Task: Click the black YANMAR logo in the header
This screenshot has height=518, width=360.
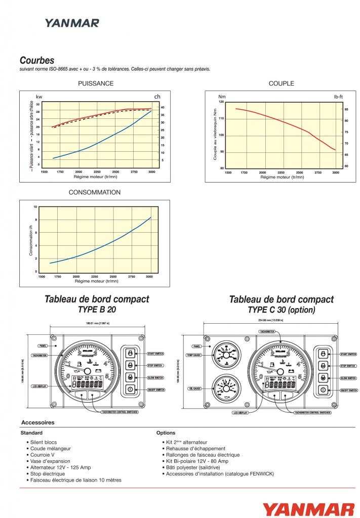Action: pos(71,23)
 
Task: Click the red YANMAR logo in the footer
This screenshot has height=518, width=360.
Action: pos(308,508)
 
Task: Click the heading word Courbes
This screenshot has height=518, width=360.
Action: pos(36,60)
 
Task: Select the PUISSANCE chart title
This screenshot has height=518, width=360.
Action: pos(95,83)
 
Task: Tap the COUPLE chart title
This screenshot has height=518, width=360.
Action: pos(281,83)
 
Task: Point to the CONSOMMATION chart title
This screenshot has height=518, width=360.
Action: pos(95,192)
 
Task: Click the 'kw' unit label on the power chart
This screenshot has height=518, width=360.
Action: pos(39,96)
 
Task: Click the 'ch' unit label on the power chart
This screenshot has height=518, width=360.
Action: pos(157,96)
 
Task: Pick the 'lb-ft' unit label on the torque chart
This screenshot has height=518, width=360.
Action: pos(338,96)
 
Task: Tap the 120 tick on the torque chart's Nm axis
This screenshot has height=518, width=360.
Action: pos(221,102)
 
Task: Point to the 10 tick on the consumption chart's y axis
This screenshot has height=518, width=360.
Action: pos(35,207)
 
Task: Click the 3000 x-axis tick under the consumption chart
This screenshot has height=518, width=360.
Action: pos(149,277)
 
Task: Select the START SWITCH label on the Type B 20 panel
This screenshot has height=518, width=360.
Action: pos(156,353)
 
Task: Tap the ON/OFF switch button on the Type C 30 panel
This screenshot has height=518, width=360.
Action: pos(323,390)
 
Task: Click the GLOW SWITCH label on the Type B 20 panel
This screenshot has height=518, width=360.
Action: pos(156,378)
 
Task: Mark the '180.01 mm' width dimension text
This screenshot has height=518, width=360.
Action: pos(95,323)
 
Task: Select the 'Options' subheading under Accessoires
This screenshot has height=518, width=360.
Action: pos(166,433)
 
